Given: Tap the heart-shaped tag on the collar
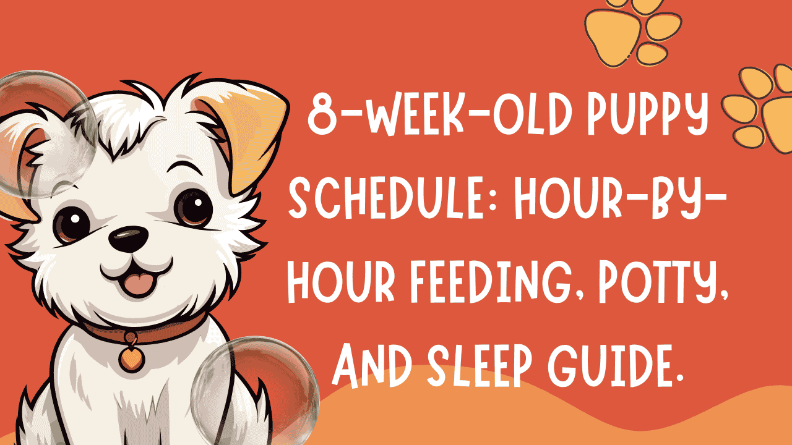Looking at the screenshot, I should click(130, 357).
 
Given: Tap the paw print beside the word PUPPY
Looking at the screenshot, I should click(758, 105).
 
